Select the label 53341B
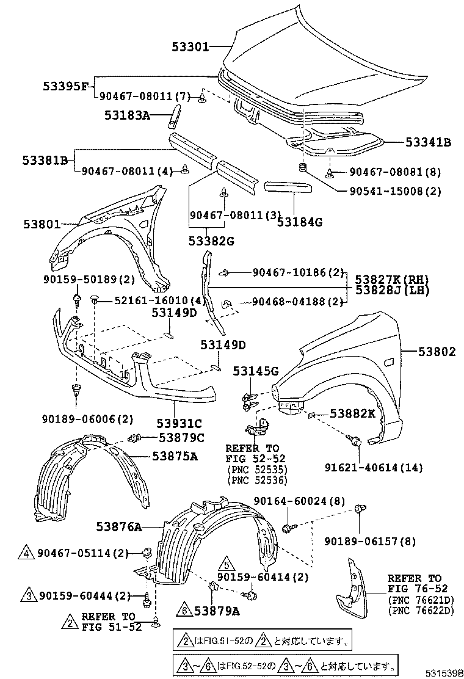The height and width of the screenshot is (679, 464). (x=429, y=142)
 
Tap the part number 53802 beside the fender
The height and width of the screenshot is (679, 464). (x=437, y=352)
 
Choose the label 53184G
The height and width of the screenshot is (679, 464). (x=299, y=222)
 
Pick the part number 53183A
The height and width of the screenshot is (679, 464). (x=126, y=114)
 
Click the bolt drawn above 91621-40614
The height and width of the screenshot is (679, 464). (x=354, y=440)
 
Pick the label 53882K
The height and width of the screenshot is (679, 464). (x=352, y=413)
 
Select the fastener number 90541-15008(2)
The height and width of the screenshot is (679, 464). (x=396, y=191)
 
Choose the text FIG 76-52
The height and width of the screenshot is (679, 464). (x=415, y=589)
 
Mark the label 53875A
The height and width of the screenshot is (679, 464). (x=175, y=456)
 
